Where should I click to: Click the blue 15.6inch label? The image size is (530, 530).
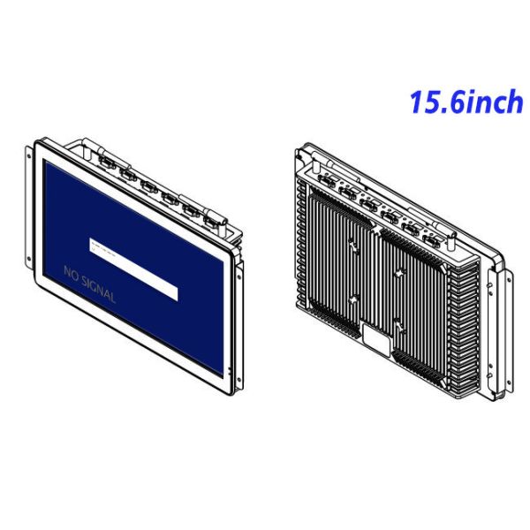466,102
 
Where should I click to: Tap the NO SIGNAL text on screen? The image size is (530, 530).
89,284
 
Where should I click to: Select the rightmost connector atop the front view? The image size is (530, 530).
209,216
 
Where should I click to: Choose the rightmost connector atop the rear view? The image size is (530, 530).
431,239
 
